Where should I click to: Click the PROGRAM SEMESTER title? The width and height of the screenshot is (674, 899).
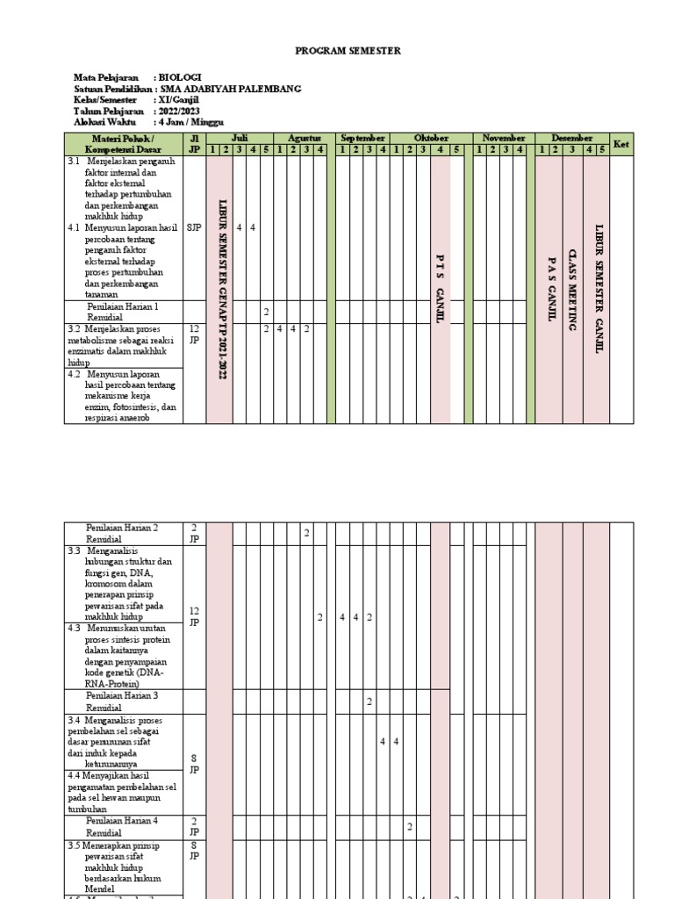[347, 52]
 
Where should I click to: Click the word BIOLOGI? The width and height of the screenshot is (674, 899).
[179, 79]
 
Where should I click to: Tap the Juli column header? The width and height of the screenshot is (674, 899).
[240, 139]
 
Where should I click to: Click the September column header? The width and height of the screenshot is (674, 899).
[362, 139]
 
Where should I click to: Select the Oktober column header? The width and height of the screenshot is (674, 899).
[430, 139]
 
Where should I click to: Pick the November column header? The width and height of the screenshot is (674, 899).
[504, 139]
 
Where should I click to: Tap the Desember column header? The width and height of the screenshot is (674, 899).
[571, 139]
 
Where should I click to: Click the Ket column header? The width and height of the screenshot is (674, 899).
[621, 144]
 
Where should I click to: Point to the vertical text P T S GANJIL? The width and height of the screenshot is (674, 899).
[441, 288]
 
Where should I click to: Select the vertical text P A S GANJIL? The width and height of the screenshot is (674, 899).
[550, 289]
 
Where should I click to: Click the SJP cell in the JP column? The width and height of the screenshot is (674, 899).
[193, 227]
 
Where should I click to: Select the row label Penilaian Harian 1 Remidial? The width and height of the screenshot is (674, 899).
[122, 313]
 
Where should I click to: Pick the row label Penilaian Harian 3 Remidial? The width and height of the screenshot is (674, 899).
[122, 701]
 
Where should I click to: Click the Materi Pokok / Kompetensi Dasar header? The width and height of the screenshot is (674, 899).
[122, 144]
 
